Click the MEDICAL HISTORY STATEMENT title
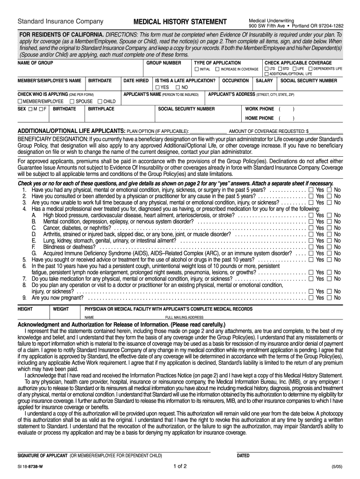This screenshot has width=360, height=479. tap(180, 22)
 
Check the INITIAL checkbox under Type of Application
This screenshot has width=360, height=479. tap(197, 69)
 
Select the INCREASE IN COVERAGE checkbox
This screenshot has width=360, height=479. tap(218, 69)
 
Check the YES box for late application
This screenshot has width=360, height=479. tap(158, 87)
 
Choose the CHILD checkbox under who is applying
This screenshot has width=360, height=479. tap(100, 101)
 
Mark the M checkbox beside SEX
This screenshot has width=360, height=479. tap(29, 109)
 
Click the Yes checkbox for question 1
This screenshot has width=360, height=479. tap(311, 190)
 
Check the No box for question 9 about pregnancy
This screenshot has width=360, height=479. tap(330, 298)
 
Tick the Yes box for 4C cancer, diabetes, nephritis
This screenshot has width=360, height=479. tap(311, 228)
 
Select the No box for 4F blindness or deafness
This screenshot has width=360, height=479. tap(330, 247)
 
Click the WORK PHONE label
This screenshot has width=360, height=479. tap(259, 109)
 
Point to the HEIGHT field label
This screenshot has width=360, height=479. tap(25, 309)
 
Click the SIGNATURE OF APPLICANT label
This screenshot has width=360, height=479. tap(43, 456)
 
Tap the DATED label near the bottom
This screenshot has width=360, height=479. tap(243, 456)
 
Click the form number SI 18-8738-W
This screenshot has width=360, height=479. tap(30, 466)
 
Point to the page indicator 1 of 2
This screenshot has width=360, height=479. tap(180, 466)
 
